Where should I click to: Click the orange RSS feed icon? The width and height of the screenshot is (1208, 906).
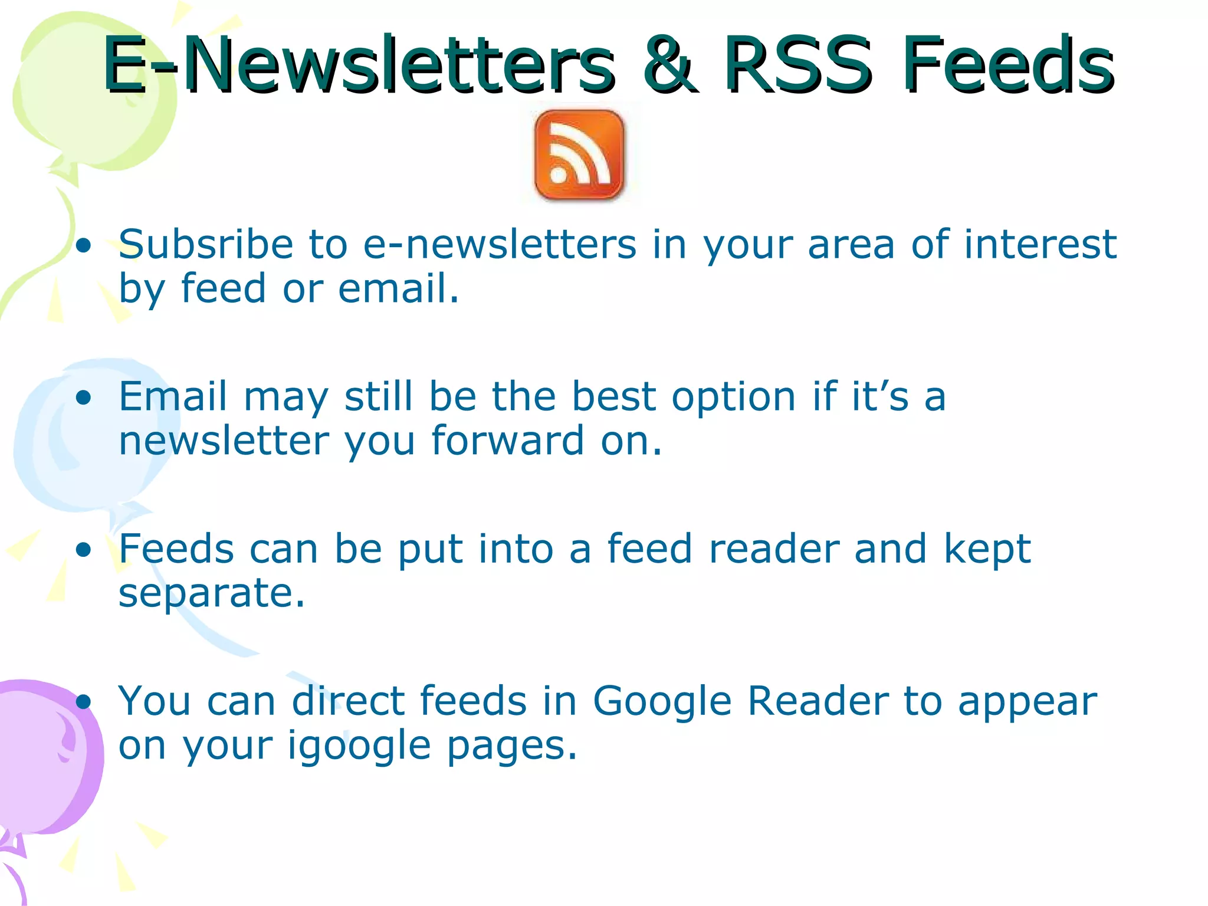point(579,155)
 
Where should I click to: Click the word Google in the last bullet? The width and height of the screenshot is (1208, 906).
point(662,702)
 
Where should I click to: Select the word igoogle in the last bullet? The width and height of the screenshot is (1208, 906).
point(359,747)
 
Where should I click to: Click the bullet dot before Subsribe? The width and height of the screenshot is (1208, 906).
point(84,245)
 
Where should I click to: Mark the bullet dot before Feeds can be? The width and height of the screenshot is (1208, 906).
point(84,550)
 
